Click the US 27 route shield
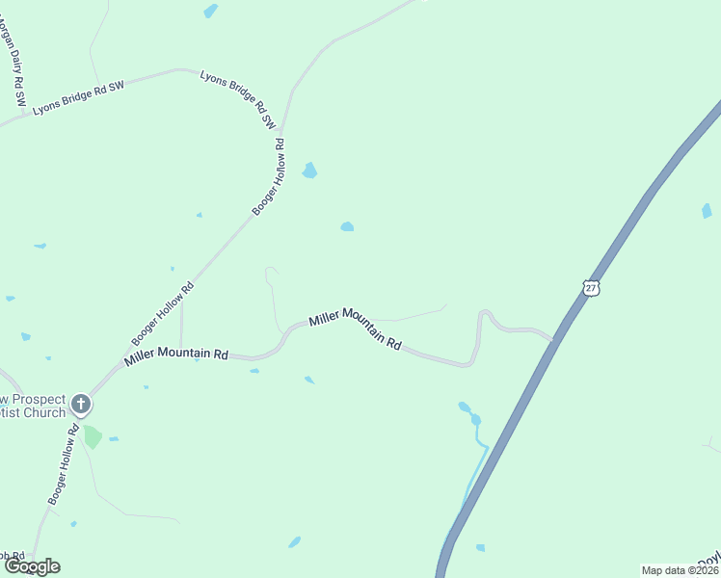[591, 287]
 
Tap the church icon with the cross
[82, 404]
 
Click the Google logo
[32, 566]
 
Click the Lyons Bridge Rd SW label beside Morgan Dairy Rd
[79, 98]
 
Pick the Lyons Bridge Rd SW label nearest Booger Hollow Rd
[238, 99]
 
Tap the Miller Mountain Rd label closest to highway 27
[355, 330]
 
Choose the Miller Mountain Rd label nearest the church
[175, 355]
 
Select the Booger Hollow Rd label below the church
[64, 465]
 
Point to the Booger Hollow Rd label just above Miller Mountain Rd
[163, 314]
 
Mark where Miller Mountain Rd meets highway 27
[553, 340]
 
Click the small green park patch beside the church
[93, 436]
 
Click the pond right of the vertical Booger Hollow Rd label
[309, 171]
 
